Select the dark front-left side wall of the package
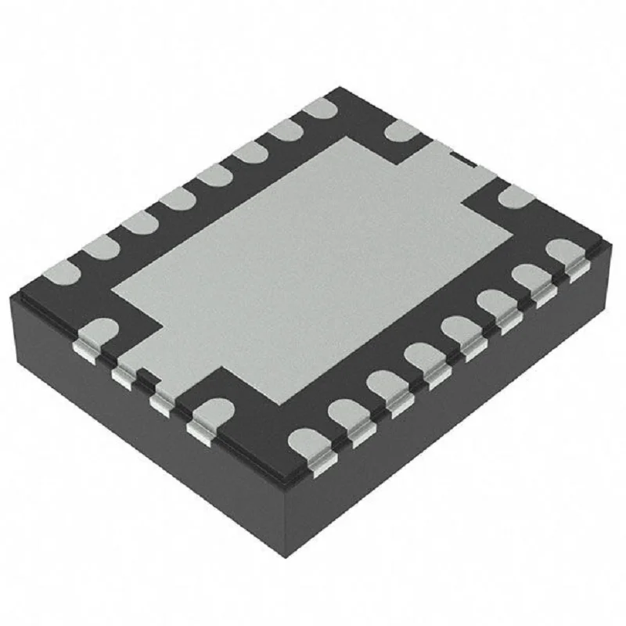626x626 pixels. click(141, 438)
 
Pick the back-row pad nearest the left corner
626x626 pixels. click(61, 272)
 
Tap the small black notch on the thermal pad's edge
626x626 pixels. click(465, 160)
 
